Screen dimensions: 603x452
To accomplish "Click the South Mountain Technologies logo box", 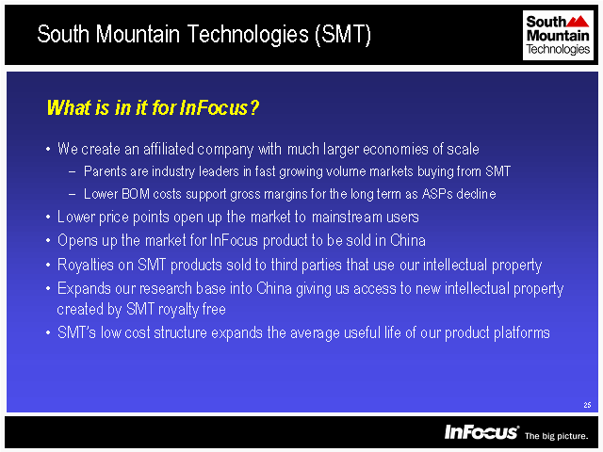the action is [558, 35].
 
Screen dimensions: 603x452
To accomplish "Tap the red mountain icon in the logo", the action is [578, 21].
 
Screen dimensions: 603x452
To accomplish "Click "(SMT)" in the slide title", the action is [343, 34].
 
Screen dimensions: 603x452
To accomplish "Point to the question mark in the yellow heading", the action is [253, 107].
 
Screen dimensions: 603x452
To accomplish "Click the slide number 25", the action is [587, 405].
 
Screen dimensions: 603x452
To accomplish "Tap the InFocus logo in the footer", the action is [481, 432].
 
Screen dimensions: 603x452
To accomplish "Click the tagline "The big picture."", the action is [557, 436].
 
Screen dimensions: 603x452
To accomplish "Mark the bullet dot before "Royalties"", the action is [48, 265].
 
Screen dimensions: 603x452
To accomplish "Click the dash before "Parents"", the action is [72, 171].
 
